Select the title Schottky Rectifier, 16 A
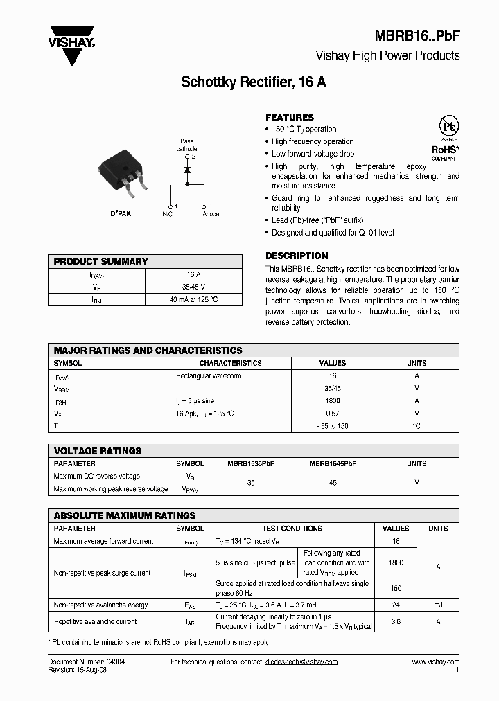point(254,82)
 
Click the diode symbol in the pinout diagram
point(187,170)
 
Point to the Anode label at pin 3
point(211,214)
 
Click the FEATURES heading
point(290,118)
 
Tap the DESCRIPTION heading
point(297,256)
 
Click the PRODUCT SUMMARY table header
point(101,261)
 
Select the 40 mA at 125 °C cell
point(194,299)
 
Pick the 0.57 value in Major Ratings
point(333,414)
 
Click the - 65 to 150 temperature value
point(333,426)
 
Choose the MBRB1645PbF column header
point(333,463)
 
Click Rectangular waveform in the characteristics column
point(209,376)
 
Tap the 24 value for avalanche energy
point(396,605)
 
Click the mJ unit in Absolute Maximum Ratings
point(438,605)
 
